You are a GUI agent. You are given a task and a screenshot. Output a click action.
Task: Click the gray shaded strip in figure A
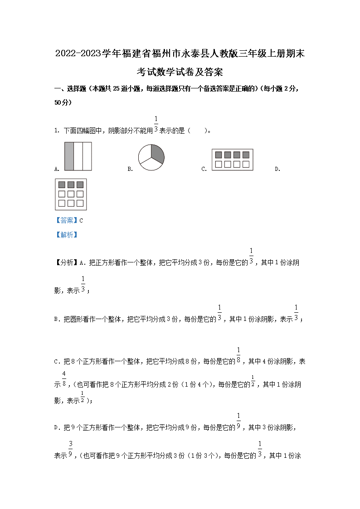(x=69, y=156)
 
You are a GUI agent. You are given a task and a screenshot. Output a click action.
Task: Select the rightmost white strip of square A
(x=87, y=156)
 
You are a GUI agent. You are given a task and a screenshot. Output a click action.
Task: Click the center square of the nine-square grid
(x=71, y=194)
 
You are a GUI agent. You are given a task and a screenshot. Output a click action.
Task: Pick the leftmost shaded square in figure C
(x=219, y=155)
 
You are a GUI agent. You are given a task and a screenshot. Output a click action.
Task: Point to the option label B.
(x=130, y=169)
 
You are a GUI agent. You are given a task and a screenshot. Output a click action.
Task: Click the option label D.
(x=277, y=169)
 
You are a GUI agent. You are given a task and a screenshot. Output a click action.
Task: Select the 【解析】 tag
(x=66, y=235)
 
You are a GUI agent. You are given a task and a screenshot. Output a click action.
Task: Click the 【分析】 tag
(x=66, y=262)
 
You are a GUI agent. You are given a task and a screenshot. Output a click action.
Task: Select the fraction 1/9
(x=238, y=422)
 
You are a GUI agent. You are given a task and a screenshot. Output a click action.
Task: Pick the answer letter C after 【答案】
(x=81, y=221)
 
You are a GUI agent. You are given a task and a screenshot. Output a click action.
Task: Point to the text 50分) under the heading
(x=63, y=103)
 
